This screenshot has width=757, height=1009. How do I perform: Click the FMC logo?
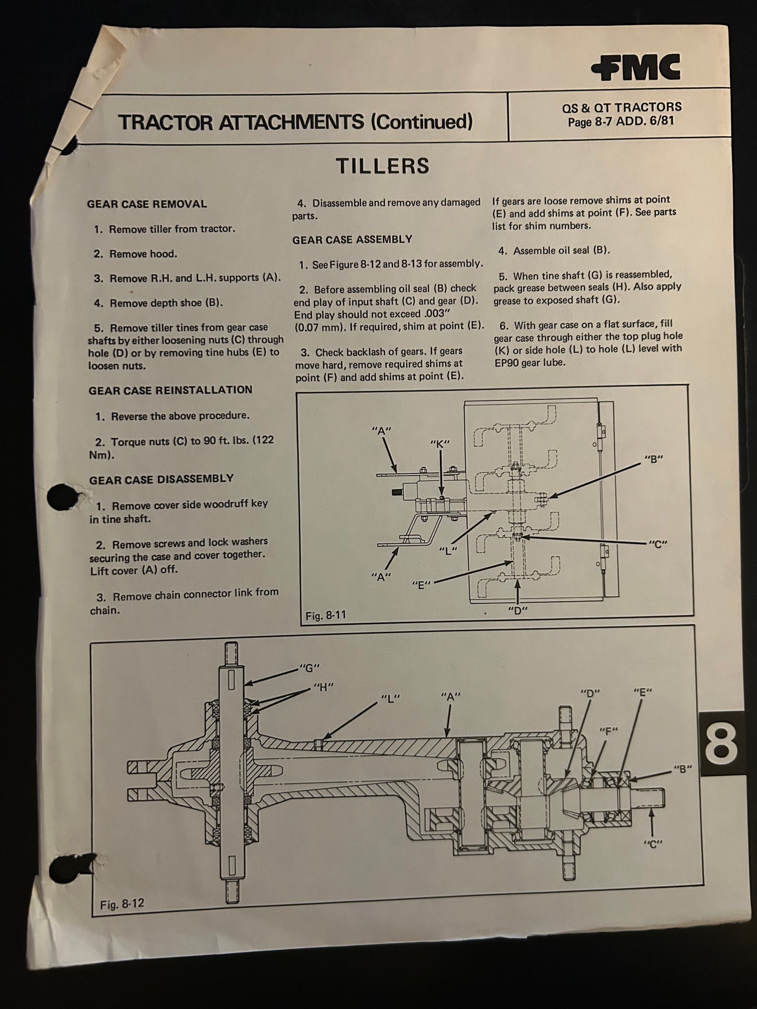pos(636,68)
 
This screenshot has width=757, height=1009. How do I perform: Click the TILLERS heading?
pos(382,166)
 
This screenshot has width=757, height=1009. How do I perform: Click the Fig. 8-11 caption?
pos(326,615)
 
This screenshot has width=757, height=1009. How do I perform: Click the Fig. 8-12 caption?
pos(122,903)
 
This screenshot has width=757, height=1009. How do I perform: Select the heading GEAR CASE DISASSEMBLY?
pos(161,479)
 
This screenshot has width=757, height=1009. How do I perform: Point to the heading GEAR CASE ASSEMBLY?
pos(353,239)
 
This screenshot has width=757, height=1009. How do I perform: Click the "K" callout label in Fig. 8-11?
pos(440,443)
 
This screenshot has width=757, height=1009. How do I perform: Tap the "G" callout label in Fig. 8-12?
pos(309,668)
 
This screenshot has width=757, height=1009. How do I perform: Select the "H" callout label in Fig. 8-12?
pos(323,686)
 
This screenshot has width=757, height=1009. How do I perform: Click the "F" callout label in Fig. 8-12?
pos(608,730)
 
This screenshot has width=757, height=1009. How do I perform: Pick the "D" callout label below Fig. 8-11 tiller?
pos(518,610)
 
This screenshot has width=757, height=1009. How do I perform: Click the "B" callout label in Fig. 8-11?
pos(653,459)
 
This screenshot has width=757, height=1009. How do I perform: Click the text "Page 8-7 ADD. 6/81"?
pos(621,121)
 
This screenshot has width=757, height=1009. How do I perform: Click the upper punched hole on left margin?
pos(63,497)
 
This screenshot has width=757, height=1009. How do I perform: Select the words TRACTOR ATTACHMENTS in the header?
pos(241,121)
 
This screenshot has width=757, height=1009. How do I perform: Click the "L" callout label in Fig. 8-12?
pos(390,698)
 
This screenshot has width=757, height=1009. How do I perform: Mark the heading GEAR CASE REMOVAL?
pos(147,204)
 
